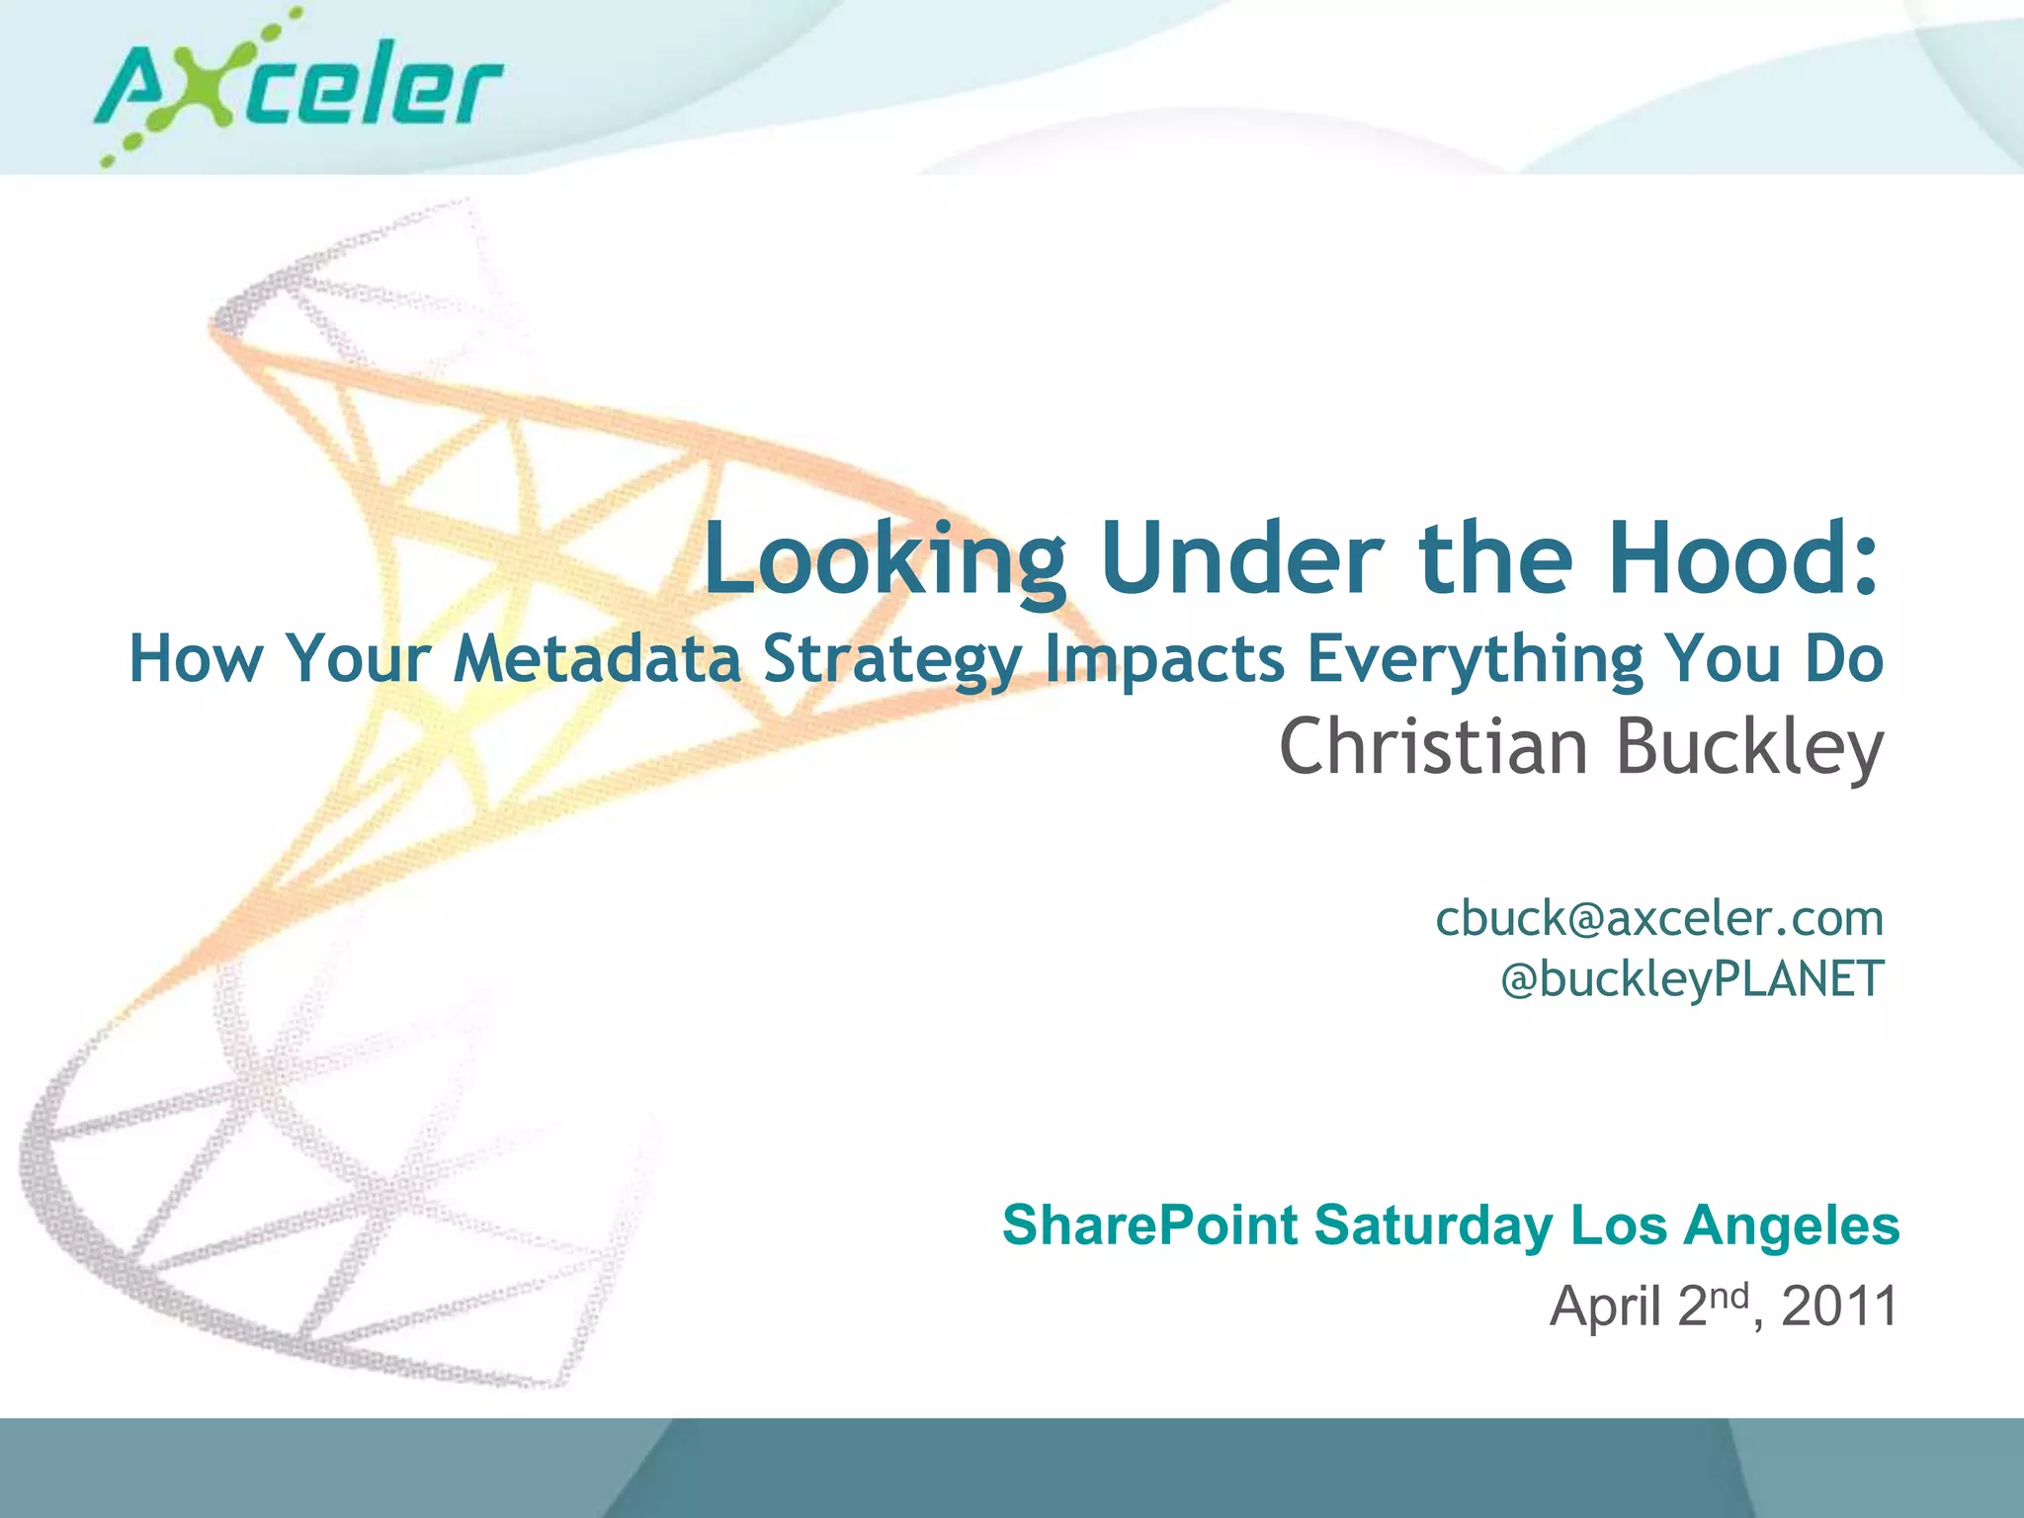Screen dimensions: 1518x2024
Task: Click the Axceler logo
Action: (x=296, y=89)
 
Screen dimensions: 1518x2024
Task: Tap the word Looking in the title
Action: (x=885, y=560)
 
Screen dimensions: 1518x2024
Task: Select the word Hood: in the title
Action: (x=1743, y=558)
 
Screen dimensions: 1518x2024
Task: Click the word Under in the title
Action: (x=1239, y=558)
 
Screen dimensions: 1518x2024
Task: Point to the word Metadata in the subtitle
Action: (x=597, y=659)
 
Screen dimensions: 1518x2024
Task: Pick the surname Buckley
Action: (x=1749, y=748)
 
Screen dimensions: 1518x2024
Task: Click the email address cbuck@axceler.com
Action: (x=1659, y=918)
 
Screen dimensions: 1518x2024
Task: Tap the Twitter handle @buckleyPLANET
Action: (x=1692, y=979)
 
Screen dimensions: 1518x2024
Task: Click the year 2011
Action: (x=1839, y=1306)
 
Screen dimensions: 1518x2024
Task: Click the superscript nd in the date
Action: (x=1729, y=1295)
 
